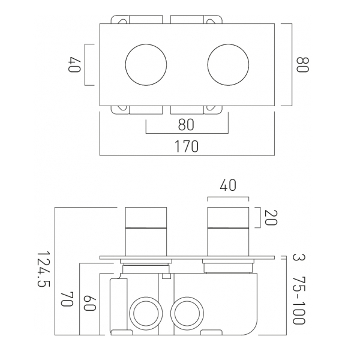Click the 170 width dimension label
(x=187, y=146)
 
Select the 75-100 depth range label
(x=299, y=301)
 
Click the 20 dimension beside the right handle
(x=271, y=217)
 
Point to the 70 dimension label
(x=67, y=299)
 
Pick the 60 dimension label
(x=89, y=303)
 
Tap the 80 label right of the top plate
(x=302, y=65)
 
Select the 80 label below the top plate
(x=186, y=125)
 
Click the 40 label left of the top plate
(x=74, y=65)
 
